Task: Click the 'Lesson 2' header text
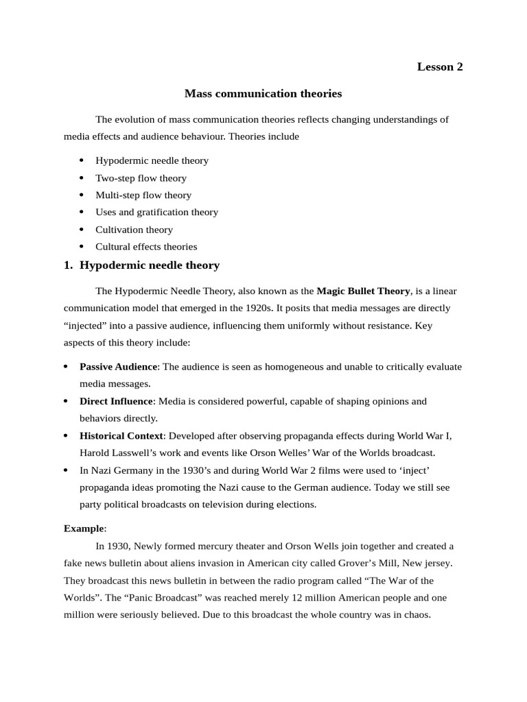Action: [440, 66]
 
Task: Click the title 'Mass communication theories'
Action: [263, 93]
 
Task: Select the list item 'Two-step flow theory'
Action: [141, 178]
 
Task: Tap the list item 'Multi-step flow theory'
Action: [143, 195]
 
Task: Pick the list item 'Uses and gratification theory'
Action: [156, 212]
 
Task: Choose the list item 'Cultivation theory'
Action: [134, 229]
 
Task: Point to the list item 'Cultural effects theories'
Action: [146, 246]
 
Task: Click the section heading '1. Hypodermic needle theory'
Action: [141, 265]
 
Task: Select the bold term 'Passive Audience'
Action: [118, 367]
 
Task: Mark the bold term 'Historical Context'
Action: [121, 435]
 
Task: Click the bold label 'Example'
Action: [84, 529]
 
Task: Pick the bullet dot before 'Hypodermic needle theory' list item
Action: [82, 160]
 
